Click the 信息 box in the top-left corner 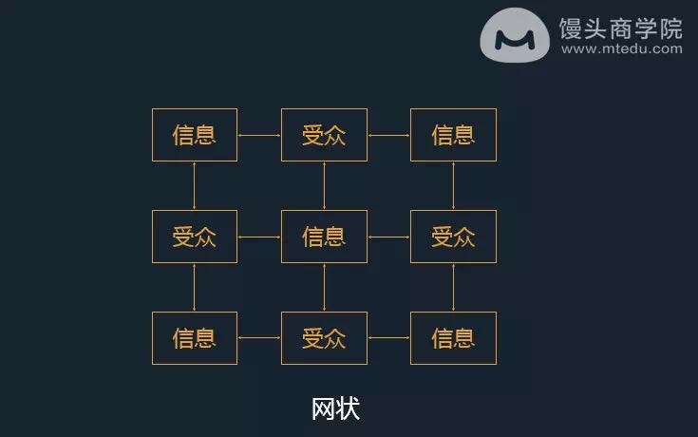[x=195, y=135]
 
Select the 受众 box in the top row [x=324, y=135]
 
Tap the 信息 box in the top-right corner [x=453, y=135]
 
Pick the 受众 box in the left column [x=195, y=237]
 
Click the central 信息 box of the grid [x=324, y=237]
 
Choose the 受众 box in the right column [x=453, y=237]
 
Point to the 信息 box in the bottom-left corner [x=195, y=338]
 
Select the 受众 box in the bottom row [x=324, y=338]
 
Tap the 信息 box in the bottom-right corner [x=453, y=338]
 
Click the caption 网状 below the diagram [x=335, y=408]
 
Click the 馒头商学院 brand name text [x=620, y=28]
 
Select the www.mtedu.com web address [x=621, y=48]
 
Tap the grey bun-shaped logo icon [x=515, y=35]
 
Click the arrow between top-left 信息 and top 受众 [x=259, y=135]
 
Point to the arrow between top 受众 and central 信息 [x=324, y=186]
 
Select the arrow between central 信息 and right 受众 [x=388, y=237]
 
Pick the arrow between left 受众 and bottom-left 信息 [x=194, y=287]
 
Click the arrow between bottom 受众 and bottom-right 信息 [x=388, y=337]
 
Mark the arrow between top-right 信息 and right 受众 [x=453, y=186]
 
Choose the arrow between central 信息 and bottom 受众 [x=324, y=287]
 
